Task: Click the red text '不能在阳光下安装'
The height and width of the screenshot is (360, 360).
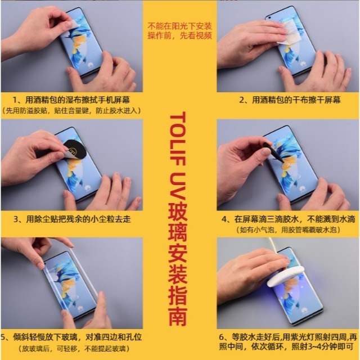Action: point(180,26)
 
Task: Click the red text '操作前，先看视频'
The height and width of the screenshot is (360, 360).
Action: point(180,35)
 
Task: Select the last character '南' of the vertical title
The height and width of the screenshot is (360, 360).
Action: point(179,318)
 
